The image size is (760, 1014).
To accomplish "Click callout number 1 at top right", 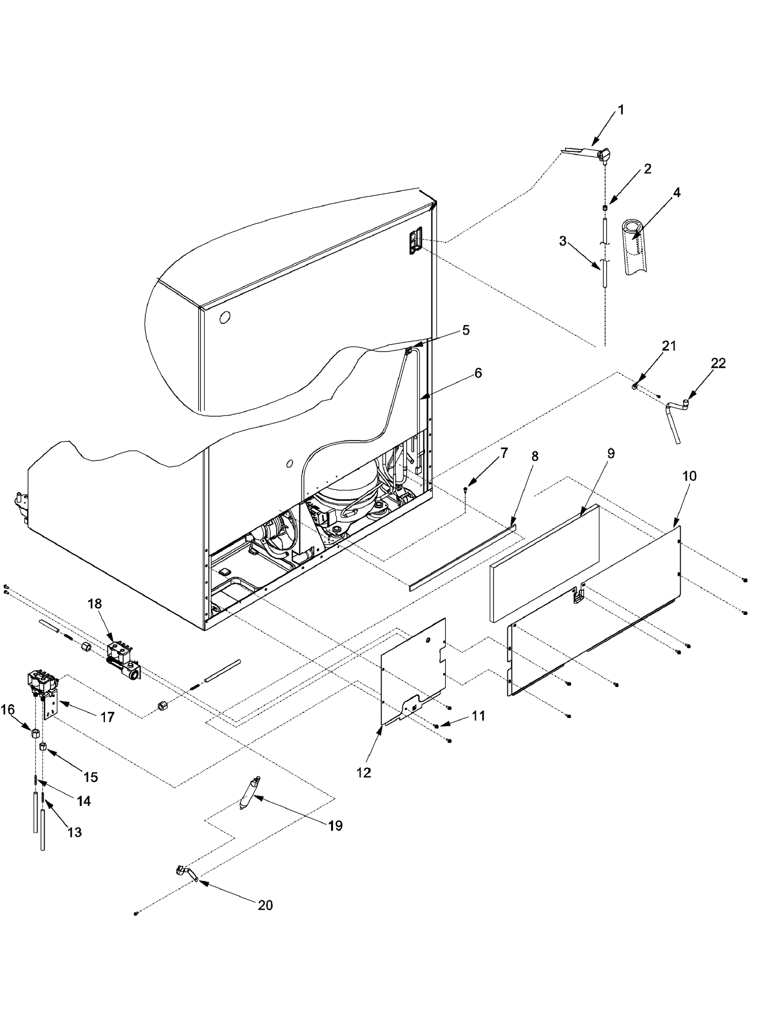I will tap(620, 110).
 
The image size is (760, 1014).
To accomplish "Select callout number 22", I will tap(718, 364).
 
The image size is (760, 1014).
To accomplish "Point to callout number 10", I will tap(689, 476).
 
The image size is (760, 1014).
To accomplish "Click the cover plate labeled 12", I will tap(413, 675).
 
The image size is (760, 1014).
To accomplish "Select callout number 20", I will tap(265, 905).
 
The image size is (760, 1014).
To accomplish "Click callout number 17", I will tap(107, 717).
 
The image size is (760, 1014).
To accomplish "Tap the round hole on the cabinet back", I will tap(225, 317).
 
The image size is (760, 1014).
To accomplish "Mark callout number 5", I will tap(465, 330).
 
